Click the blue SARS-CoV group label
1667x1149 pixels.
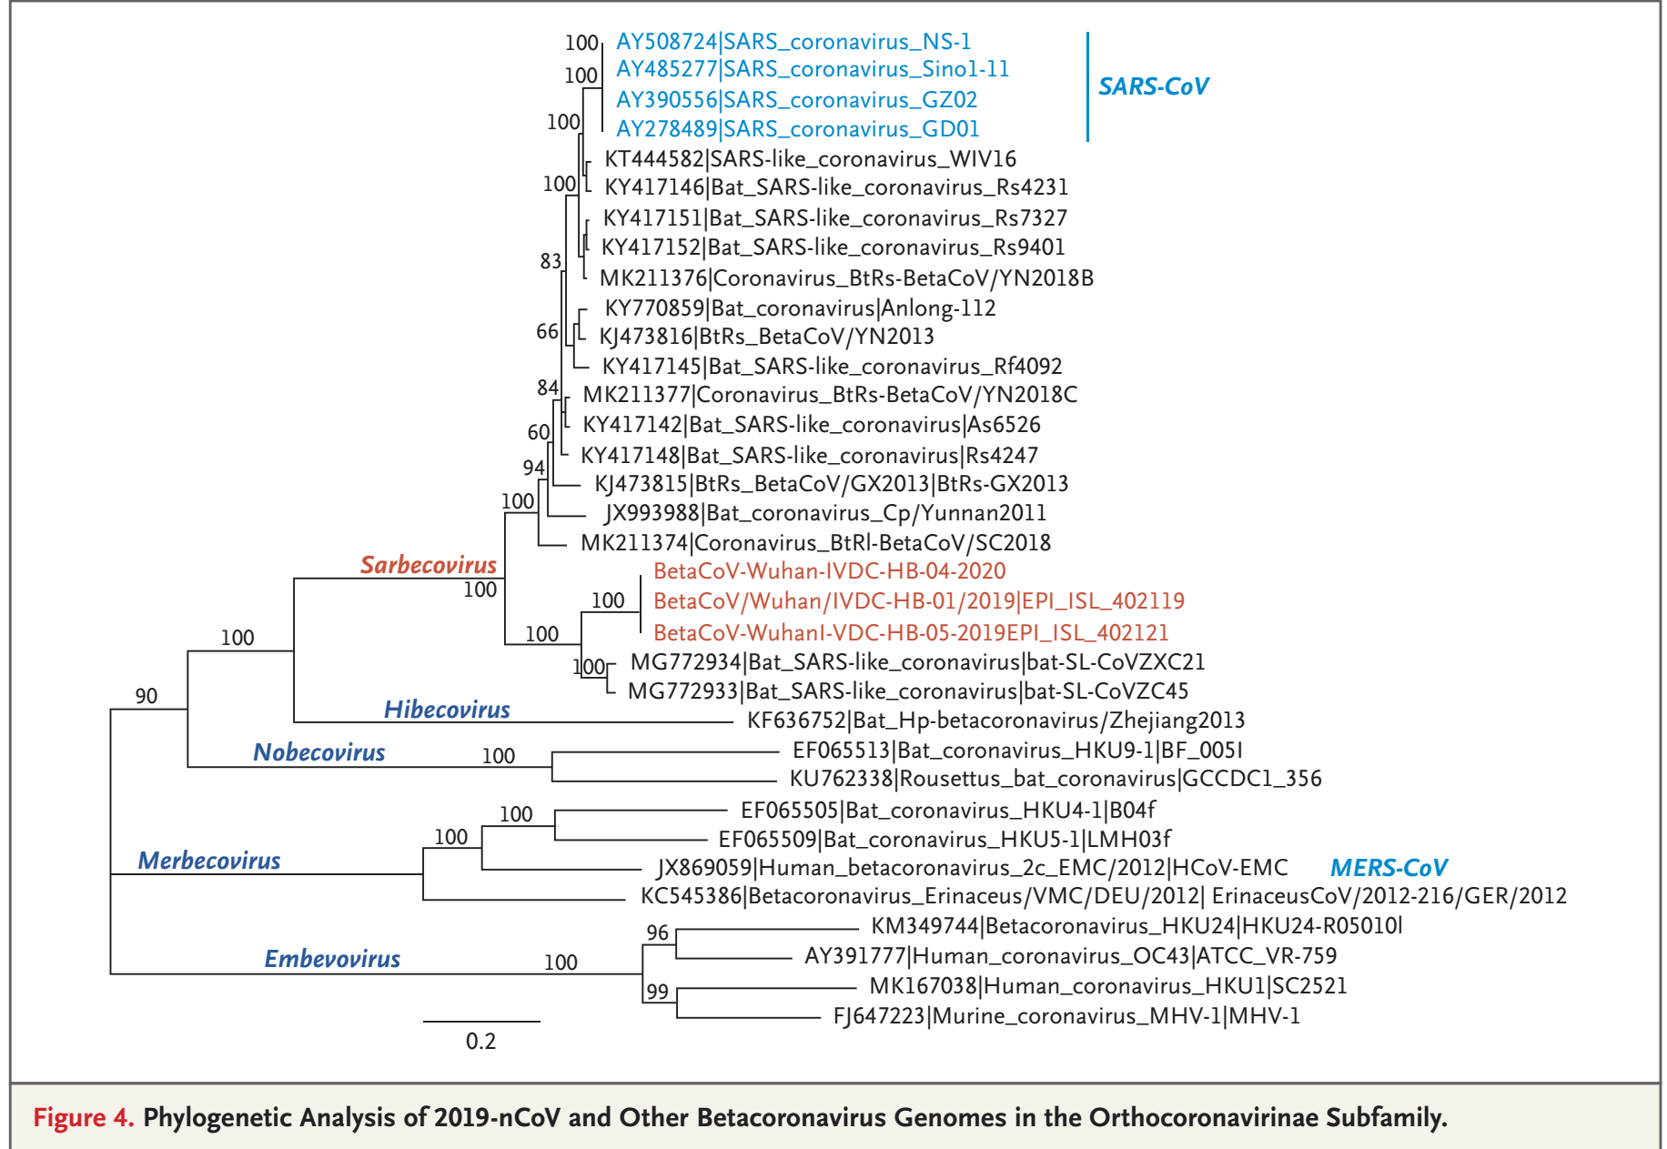[x=1153, y=86]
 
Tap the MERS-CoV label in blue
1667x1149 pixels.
[x=1388, y=868]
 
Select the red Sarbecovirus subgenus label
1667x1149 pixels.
[x=429, y=565]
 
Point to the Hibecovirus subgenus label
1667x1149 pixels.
[x=447, y=710]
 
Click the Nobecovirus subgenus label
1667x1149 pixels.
[x=318, y=752]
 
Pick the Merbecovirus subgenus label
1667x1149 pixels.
[x=209, y=861]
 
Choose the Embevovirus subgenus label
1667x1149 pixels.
[x=332, y=959]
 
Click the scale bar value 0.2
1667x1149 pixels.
[x=480, y=1042]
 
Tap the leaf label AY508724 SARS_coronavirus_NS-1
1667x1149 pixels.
[x=793, y=42]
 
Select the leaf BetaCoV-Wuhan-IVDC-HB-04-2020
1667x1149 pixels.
[x=829, y=571]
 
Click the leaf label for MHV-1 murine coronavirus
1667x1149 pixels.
[x=1066, y=1015]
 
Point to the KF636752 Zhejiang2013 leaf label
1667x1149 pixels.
[x=995, y=721]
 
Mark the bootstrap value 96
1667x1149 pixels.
[x=657, y=932]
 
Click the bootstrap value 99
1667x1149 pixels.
[x=657, y=992]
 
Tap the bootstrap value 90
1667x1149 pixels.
[x=146, y=696]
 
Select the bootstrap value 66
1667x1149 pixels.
[x=547, y=332]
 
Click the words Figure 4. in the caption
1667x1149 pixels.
[x=83, y=1117]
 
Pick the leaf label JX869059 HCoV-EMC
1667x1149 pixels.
[x=972, y=868]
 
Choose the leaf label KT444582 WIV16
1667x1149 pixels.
[x=810, y=159]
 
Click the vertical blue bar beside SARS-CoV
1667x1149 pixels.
[x=1087, y=86]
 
